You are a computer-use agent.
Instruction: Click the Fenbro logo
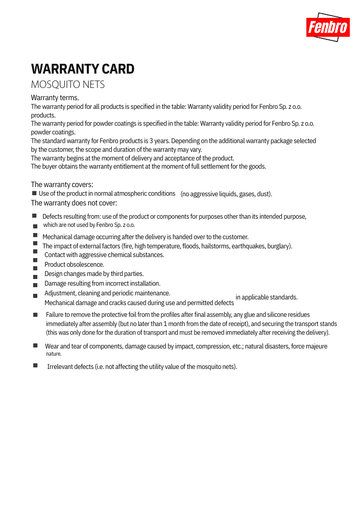pos(328,27)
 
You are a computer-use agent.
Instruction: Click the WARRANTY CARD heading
pos(83,69)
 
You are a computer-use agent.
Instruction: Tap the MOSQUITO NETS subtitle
pos(68,84)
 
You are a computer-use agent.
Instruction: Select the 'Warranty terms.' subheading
pos(55,98)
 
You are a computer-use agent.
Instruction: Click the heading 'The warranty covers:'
pos(62,184)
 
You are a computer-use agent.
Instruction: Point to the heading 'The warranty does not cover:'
pos(74,203)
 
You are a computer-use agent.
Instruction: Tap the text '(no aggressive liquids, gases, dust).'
pos(226,194)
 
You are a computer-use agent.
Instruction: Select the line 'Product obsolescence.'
pos(74,265)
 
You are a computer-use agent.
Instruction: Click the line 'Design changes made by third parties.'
pos(94,274)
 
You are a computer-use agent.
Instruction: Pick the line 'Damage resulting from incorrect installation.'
pos(102,284)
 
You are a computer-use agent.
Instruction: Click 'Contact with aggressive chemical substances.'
pos(104,255)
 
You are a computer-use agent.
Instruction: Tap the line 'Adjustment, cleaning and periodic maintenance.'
pos(107,293)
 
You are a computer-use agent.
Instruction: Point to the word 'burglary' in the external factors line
pos(278,246)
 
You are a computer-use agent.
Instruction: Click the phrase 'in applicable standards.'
pos(266,297)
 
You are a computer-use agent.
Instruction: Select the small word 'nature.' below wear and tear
pos(54,354)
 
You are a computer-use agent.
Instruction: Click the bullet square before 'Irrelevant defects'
pos(35,365)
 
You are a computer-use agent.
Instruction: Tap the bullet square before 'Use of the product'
pos(34,193)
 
